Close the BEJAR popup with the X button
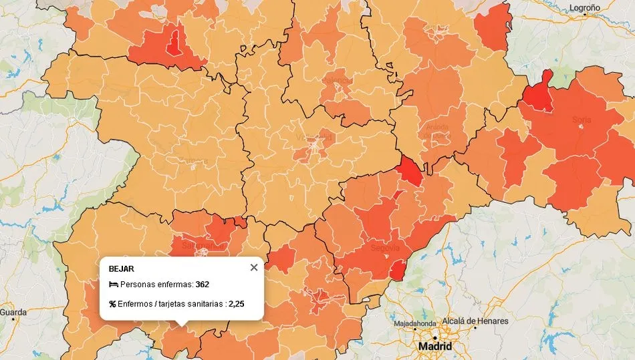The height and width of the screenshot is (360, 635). pos(253,268)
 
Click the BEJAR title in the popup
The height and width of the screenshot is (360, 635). pos(121,269)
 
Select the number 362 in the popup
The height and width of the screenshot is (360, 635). pos(203,285)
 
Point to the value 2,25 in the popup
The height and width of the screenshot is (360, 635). pos(236,304)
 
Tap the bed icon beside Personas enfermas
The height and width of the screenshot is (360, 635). pos(113,285)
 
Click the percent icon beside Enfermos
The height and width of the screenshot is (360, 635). pos(112,304)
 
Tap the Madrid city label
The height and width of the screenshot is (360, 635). pos(434,347)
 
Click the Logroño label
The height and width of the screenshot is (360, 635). pos(584,8)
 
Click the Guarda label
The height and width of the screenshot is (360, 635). pos(13,312)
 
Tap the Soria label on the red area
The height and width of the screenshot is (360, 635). pos(582,120)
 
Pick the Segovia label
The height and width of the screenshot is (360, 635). pos(385,248)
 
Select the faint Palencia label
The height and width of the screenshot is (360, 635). pos(336,80)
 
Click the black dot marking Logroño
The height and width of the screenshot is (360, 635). pos(584,18)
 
